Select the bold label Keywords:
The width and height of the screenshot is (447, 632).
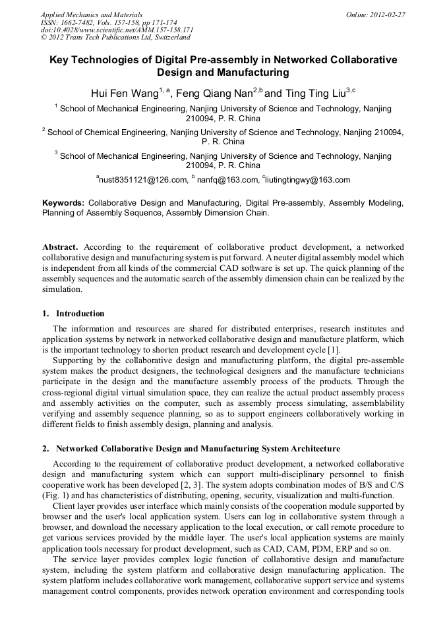(63, 203)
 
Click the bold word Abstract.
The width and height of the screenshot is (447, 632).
(62, 247)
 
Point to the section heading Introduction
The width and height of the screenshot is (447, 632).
(80, 313)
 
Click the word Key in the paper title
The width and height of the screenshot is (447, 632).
(61, 60)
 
